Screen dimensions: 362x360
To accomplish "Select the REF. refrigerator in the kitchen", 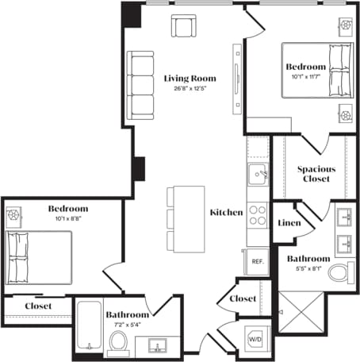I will [257, 261].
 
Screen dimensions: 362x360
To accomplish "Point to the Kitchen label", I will [226, 213].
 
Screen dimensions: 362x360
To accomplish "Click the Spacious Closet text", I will [316, 175].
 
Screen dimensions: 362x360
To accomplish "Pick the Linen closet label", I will [288, 223].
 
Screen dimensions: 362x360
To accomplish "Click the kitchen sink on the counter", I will [257, 174].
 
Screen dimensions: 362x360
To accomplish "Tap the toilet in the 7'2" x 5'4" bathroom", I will [118, 342].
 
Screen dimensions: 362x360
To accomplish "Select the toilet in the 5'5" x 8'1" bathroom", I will [339, 275].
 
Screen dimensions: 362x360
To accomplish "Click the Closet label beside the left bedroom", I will [38, 306].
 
